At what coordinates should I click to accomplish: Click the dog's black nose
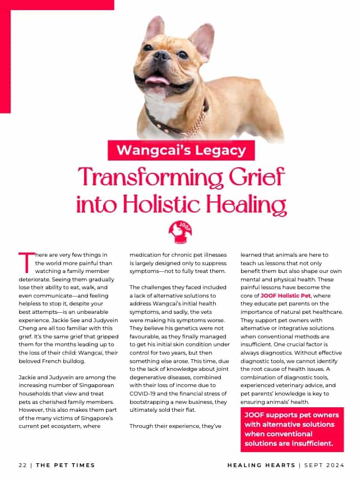[x=161, y=57]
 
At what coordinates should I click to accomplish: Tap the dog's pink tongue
[x=156, y=81]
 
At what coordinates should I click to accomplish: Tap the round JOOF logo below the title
[x=180, y=231]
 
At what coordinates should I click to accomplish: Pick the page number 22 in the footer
[x=22, y=465]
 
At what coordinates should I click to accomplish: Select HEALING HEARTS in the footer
[x=261, y=465]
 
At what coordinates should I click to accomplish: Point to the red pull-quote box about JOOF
[x=291, y=429]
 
